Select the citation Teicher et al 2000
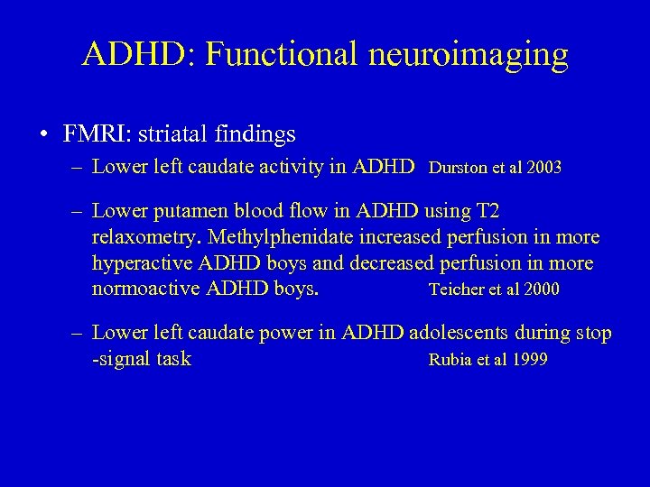[x=493, y=289]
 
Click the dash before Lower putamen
[x=79, y=211]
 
